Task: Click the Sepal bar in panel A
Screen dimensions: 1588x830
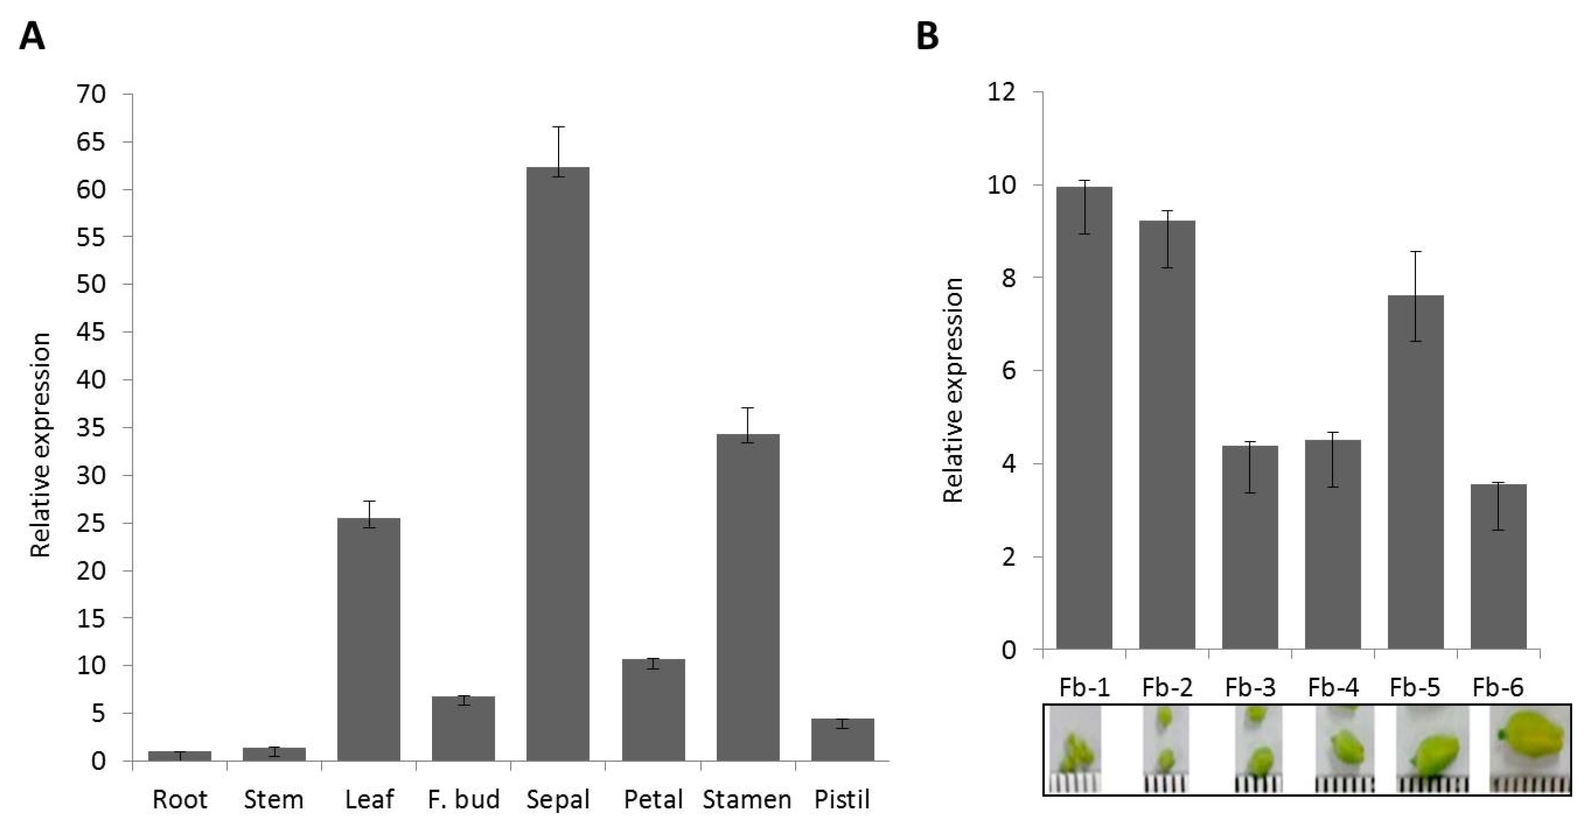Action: [558, 464]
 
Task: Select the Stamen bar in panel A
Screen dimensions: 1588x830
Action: [748, 598]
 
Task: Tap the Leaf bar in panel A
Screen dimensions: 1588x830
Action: [369, 640]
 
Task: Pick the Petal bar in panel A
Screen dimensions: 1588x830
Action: [653, 710]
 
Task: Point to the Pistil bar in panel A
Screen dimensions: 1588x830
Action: [843, 740]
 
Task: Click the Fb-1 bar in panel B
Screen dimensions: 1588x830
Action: [1084, 418]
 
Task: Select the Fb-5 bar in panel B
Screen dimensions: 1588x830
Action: [1415, 472]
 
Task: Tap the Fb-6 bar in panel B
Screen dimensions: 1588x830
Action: [1499, 567]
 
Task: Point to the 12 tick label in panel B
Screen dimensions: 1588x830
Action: [1001, 92]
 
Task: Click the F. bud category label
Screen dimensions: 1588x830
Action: [464, 799]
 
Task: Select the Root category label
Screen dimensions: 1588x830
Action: [180, 799]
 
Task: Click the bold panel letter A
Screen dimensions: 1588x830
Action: [32, 36]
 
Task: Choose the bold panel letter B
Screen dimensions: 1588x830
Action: [928, 36]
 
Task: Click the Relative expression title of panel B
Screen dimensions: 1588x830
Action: [953, 390]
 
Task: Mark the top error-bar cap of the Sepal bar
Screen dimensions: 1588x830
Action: [559, 127]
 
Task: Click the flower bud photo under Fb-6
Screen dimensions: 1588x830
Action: [1530, 749]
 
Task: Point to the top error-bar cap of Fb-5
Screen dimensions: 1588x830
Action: [1416, 251]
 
